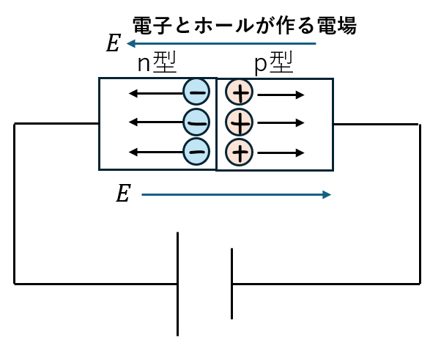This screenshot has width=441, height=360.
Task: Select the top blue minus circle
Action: [x=196, y=92]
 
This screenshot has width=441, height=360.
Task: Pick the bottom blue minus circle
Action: [x=196, y=151]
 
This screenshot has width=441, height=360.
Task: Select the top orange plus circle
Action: [x=240, y=93]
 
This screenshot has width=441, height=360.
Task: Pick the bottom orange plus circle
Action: [x=240, y=151]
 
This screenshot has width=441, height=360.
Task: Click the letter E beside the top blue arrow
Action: [x=113, y=44]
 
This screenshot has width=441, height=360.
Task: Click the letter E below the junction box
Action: [x=123, y=194]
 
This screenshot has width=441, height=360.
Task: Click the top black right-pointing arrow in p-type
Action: [x=281, y=94]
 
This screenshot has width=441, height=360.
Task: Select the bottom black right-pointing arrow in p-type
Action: [x=281, y=153]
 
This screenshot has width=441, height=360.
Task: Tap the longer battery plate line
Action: [x=177, y=284]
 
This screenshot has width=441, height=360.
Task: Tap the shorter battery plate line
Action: [x=232, y=284]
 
